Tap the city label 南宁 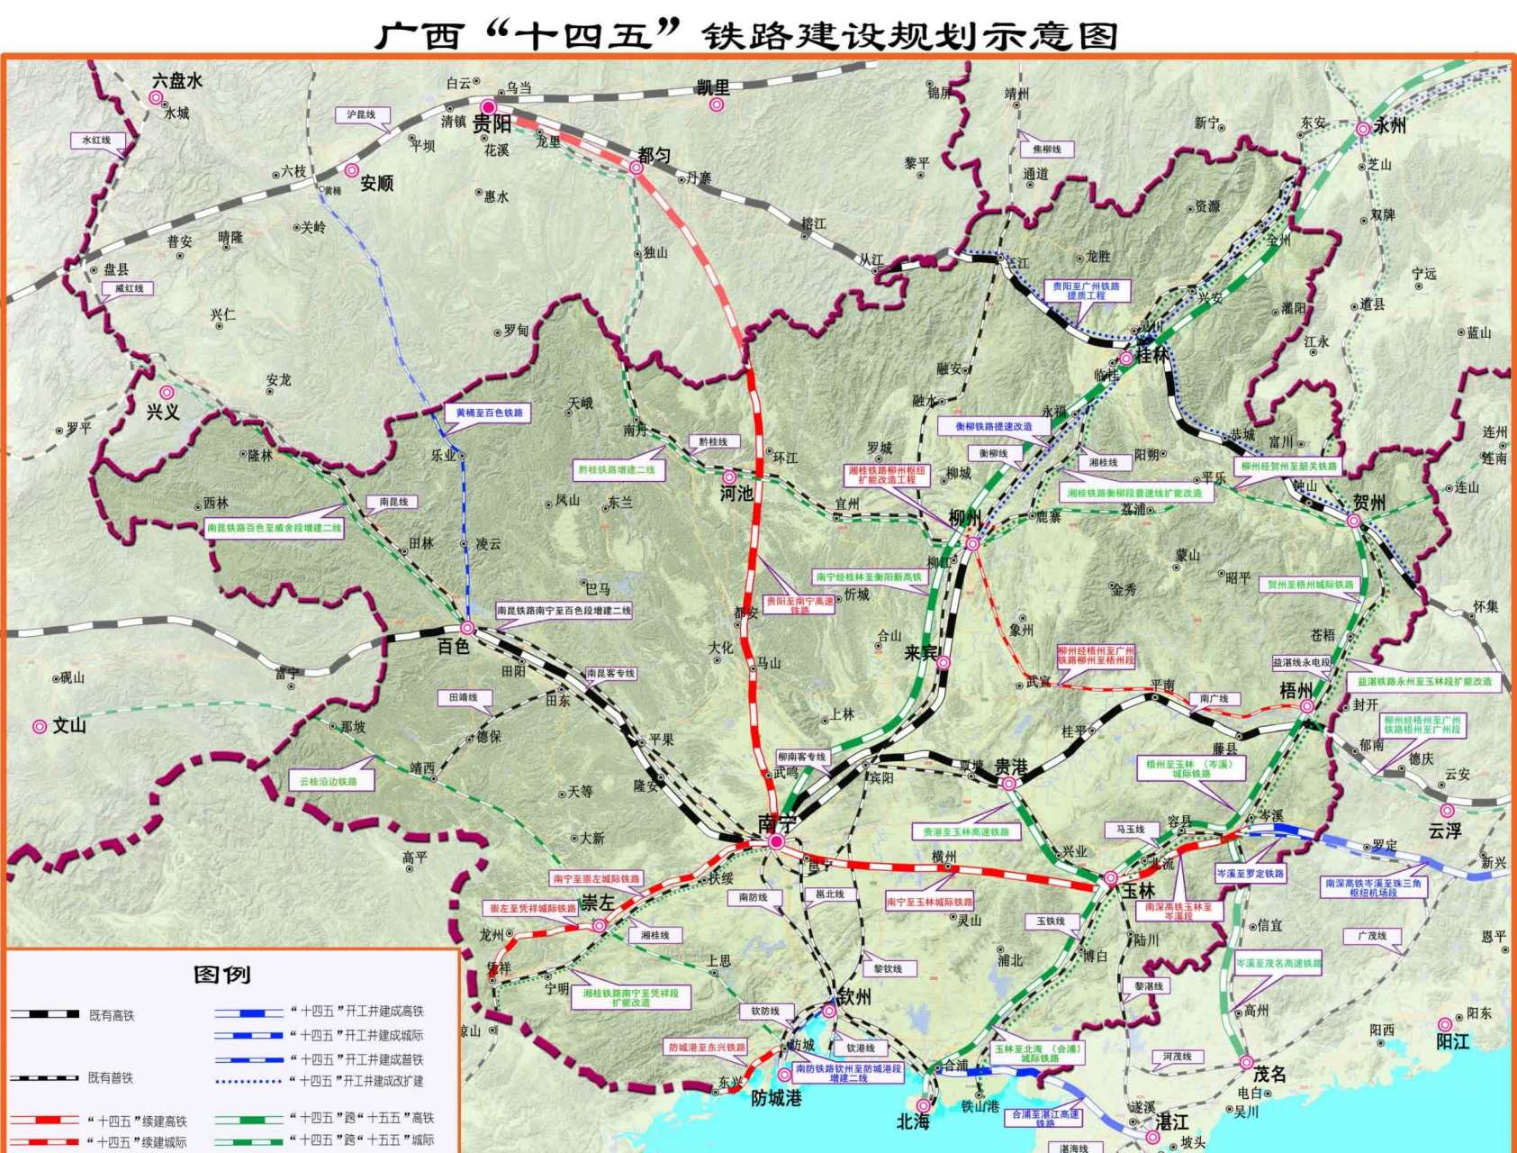coord(776,822)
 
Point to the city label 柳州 coord(964,518)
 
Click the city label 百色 coord(453,646)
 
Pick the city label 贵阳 coord(492,124)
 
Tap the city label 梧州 coord(1296,691)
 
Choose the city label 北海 coord(912,1121)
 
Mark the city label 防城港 coord(776,1098)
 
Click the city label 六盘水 coord(177,81)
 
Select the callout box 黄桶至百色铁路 coord(488,413)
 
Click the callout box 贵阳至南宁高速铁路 coord(799,604)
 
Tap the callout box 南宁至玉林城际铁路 coord(929,902)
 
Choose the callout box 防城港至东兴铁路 coord(707,1048)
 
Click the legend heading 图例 coord(221,975)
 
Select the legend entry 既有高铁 coord(111,1015)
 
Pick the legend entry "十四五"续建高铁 coord(137,1121)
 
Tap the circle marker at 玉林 coord(1110,877)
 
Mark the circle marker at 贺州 coord(1353,521)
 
